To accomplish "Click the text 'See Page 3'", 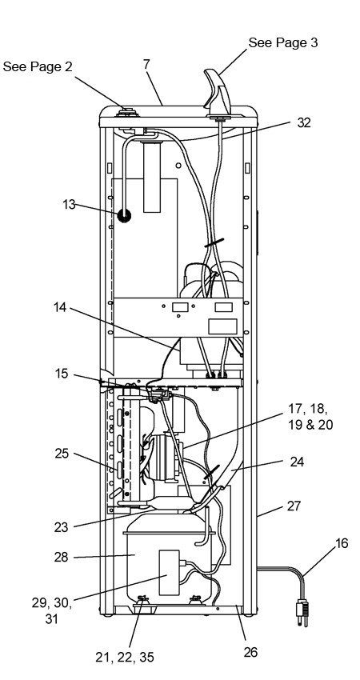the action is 282,42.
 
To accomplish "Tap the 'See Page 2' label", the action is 38,66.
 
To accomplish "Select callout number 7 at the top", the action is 146,65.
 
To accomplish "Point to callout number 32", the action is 304,122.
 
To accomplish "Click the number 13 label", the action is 69,204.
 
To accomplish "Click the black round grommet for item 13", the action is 125,215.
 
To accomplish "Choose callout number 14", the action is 61,307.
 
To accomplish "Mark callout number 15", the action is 62,374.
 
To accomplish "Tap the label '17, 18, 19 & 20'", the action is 310,416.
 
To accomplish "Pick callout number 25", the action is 62,454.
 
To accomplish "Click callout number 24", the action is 297,462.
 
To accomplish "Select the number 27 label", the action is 294,506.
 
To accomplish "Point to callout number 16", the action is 342,543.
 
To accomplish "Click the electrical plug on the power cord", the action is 302,612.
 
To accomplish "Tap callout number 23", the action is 62,527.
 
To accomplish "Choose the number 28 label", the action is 62,557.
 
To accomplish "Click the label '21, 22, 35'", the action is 125,658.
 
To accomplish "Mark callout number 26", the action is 250,652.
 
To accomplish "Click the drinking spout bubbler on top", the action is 218,92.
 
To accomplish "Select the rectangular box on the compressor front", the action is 169,573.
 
